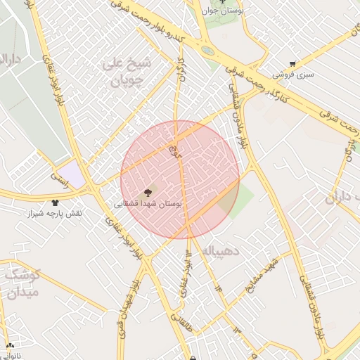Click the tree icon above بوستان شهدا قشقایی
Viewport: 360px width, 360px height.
tap(148, 192)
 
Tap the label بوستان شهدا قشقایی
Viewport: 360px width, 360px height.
tap(148, 203)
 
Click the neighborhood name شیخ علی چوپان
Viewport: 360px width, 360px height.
tap(127, 72)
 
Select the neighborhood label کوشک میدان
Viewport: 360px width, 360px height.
tap(21, 283)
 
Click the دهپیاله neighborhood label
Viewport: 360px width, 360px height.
tap(221, 250)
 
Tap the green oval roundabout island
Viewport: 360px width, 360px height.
tap(207, 51)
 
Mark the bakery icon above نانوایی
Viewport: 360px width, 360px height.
tap(10, 346)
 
